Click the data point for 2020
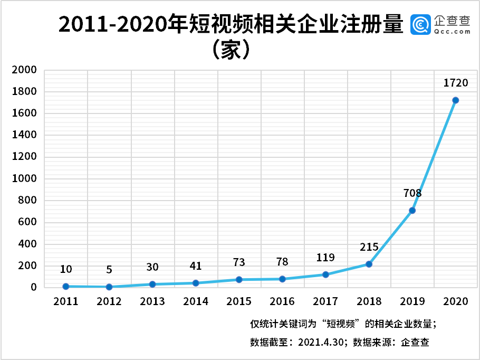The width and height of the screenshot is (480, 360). (456, 100)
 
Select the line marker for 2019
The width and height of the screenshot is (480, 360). (412, 210)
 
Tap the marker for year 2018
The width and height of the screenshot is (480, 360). (369, 264)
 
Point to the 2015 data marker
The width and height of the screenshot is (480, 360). (239, 279)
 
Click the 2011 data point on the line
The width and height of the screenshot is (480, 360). (66, 286)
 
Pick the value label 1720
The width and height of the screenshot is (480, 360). (456, 83)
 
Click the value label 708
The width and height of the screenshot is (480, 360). (411, 193)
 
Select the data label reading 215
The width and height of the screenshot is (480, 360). (369, 247)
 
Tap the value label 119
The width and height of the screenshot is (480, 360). (325, 257)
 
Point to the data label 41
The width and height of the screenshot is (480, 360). (196, 266)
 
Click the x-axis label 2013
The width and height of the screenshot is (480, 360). (152, 301)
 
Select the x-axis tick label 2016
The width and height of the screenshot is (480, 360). (282, 301)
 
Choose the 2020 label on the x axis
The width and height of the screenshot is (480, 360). (456, 301)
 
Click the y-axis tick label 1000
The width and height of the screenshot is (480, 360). (25, 178)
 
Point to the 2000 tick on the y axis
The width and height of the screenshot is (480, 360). (25, 70)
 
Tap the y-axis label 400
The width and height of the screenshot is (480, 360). (27, 244)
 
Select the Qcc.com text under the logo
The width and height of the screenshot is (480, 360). (452, 32)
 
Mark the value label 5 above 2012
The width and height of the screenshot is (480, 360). (109, 270)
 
